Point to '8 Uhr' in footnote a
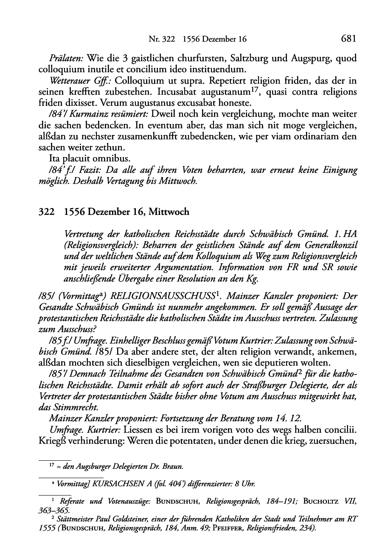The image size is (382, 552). pyautogui.click(x=245, y=484)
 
